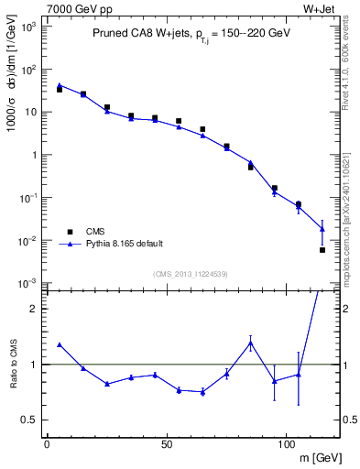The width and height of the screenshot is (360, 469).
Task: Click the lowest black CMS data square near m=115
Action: [322, 250]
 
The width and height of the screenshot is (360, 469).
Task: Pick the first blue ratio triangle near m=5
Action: [60, 344]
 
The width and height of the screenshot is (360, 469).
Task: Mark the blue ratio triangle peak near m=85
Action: [250, 343]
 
